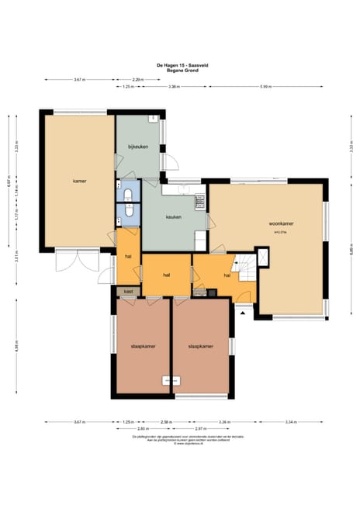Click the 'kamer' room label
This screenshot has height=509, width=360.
click(79, 181)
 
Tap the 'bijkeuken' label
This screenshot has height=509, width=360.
click(138, 147)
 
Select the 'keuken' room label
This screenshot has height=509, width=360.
click(174, 217)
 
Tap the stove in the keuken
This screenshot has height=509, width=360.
click(199, 202)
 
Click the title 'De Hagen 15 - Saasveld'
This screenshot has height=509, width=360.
click(180, 66)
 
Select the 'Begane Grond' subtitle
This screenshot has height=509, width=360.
click(180, 71)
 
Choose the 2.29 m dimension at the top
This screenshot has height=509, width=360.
click(137, 80)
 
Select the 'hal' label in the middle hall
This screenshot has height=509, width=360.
click(166, 275)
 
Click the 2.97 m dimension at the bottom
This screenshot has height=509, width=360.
click(201, 428)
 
